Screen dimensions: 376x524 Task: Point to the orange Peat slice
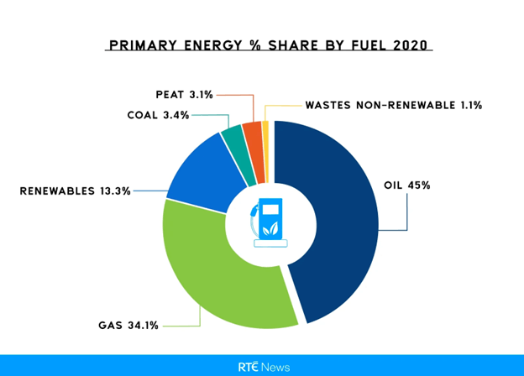click(x=253, y=134)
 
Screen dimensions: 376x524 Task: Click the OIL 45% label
click(x=406, y=185)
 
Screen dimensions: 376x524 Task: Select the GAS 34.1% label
click(x=128, y=325)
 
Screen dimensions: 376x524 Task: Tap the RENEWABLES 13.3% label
click(x=76, y=191)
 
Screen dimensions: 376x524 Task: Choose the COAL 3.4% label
click(x=158, y=115)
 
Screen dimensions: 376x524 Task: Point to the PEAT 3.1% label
click(x=184, y=94)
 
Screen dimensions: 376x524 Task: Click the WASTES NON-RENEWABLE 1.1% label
click(x=393, y=106)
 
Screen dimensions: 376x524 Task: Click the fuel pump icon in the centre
click(x=269, y=222)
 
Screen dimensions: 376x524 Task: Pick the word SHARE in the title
click(x=290, y=44)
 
